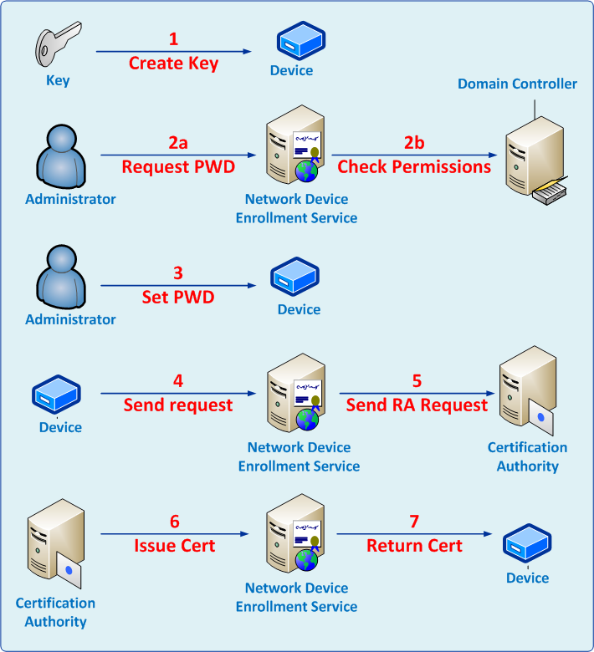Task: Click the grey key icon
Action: [58, 48]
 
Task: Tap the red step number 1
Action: [174, 39]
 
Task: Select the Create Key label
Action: [174, 64]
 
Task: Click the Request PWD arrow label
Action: [178, 166]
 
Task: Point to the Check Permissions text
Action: [414, 166]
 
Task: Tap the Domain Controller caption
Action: [517, 84]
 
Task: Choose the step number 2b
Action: [414, 143]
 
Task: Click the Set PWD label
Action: [177, 297]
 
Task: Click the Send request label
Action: [178, 405]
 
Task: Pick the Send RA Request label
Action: [417, 405]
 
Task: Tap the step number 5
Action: [417, 381]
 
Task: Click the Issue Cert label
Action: [175, 546]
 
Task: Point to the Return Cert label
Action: [415, 546]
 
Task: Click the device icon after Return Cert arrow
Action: [527, 544]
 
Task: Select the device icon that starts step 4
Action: [56, 395]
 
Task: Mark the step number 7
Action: [415, 522]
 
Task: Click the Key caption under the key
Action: [58, 81]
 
